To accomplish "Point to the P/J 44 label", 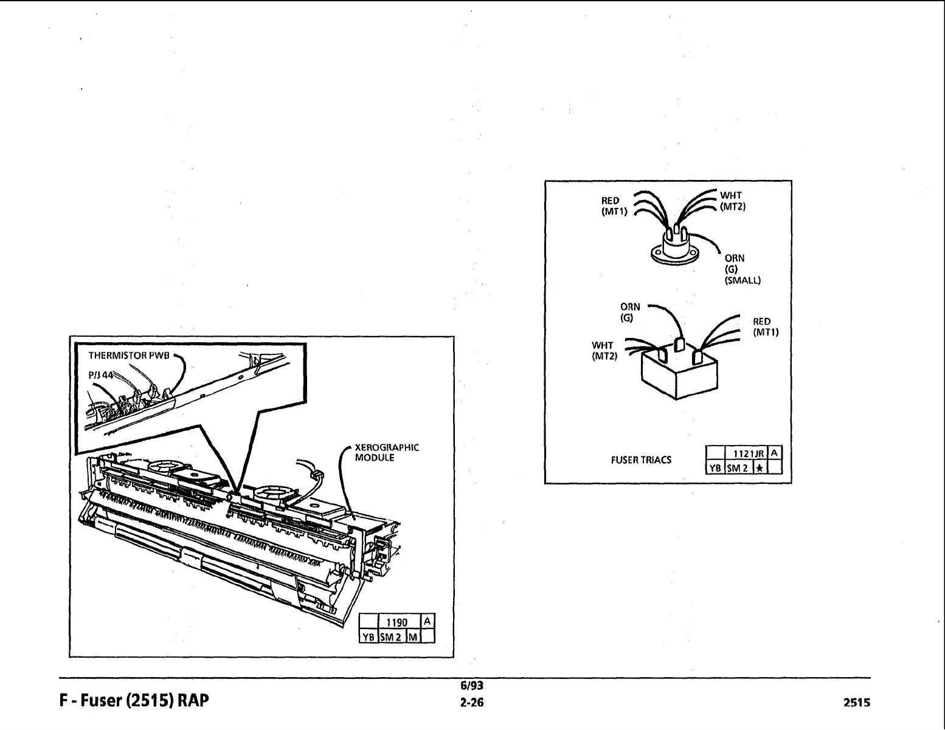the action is (x=99, y=375).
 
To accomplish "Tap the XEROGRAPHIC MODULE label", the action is (x=386, y=453).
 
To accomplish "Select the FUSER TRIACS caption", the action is (x=641, y=460).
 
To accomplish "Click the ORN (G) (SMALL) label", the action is (x=742, y=269).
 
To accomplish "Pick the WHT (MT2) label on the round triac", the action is (x=732, y=201).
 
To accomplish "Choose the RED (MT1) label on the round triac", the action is (x=610, y=206).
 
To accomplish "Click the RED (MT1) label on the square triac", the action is (x=765, y=327).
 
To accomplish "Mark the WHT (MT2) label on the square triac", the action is (x=603, y=351).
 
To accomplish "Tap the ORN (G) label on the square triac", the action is (x=629, y=312).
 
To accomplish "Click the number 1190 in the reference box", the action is (x=397, y=622).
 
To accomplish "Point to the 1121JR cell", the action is (x=744, y=453).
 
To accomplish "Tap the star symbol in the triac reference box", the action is (x=760, y=467).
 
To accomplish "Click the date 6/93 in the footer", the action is (x=471, y=686).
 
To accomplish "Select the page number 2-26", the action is (x=472, y=703).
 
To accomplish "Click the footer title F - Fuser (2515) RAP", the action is (x=134, y=701).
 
